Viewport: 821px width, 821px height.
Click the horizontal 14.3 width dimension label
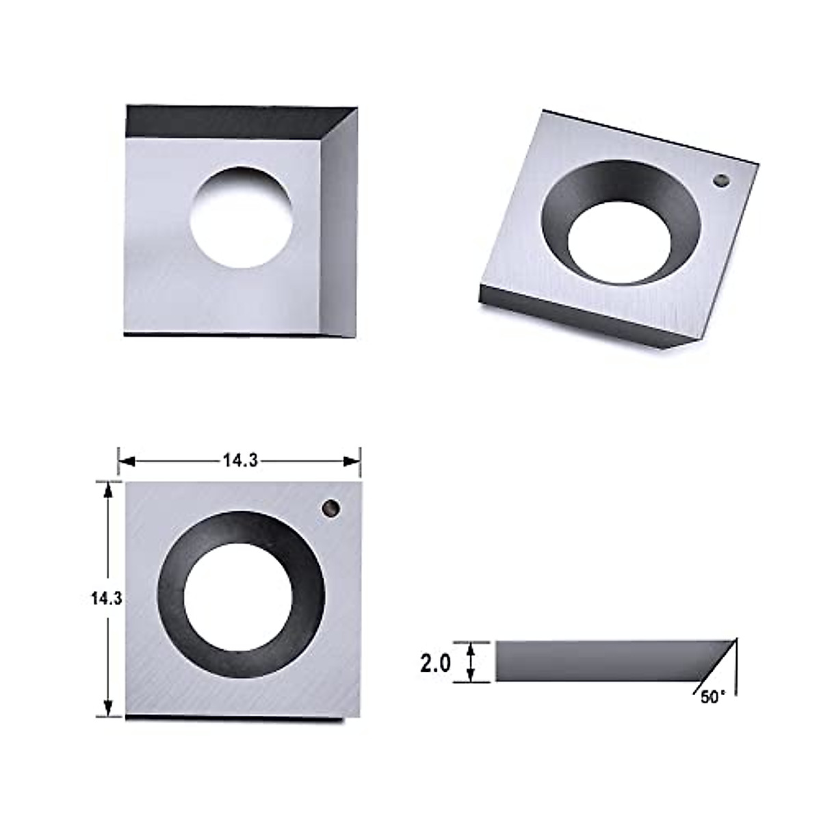tap(239, 461)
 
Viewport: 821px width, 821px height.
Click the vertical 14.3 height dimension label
tap(106, 598)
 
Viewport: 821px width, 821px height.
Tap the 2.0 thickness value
tap(435, 662)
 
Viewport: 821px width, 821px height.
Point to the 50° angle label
tap(712, 697)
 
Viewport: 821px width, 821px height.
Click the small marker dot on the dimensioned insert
tap(331, 508)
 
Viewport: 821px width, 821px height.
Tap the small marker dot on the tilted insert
tap(720, 181)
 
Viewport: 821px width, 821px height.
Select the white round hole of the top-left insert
tap(241, 218)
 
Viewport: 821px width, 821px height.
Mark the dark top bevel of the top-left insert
tap(226, 122)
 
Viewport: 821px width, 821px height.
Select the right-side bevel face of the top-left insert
tap(340, 226)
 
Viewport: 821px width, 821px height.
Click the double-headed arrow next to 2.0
tap(470, 662)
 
